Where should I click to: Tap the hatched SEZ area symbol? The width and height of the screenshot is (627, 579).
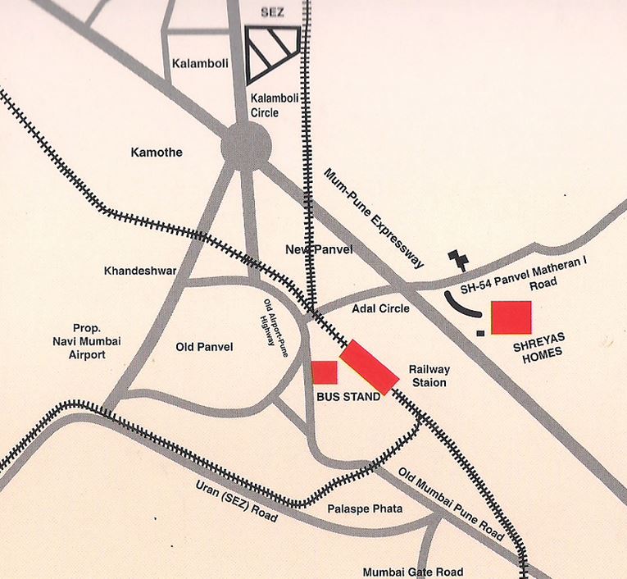pos(272,52)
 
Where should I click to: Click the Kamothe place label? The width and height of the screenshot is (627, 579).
pos(157,153)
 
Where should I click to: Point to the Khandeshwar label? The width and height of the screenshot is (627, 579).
pos(140,271)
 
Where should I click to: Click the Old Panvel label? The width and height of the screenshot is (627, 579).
pos(204,347)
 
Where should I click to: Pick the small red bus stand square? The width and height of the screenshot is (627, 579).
pos(325,372)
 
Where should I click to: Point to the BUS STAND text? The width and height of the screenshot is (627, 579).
pos(348,397)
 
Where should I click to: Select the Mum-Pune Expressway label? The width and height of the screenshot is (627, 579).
pos(375,219)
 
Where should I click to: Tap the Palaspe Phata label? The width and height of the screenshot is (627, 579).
pos(365,509)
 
